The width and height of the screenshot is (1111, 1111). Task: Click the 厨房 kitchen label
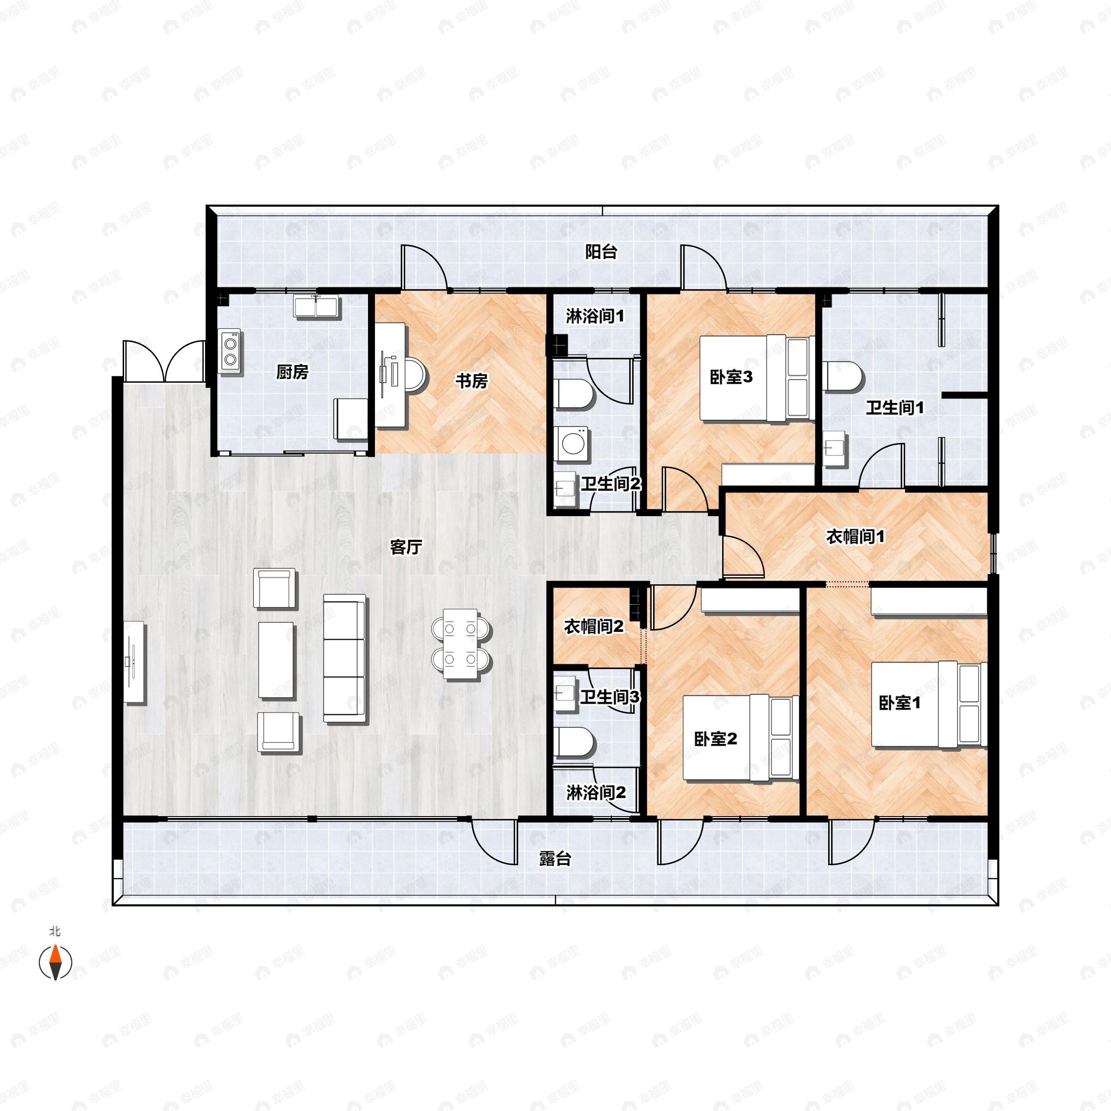292,372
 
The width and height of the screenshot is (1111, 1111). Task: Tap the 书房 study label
472,381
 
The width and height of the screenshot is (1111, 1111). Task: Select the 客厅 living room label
406,547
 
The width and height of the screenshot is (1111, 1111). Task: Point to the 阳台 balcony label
601,251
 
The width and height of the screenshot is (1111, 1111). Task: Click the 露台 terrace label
555,859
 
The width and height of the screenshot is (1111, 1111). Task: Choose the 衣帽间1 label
855,537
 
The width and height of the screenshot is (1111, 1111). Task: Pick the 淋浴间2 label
596,793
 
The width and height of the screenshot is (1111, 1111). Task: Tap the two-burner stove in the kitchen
231,351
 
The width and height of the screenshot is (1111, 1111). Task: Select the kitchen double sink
317,306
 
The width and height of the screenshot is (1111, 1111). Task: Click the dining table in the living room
461,643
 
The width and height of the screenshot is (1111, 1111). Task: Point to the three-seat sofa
344,658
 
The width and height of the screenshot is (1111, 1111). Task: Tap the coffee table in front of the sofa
277,660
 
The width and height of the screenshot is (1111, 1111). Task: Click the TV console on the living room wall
135,662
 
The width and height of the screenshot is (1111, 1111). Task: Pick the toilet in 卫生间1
843,377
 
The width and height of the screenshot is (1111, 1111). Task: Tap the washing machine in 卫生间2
572,444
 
